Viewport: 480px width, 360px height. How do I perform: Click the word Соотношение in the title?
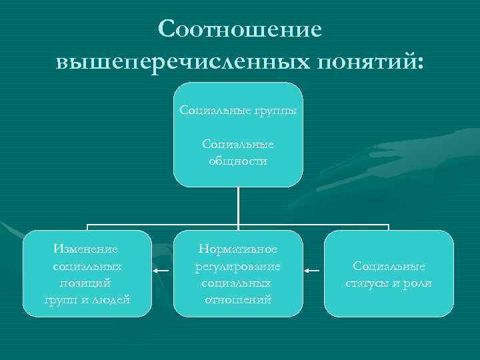click(x=240, y=29)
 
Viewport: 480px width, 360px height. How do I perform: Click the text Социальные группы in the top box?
click(x=238, y=109)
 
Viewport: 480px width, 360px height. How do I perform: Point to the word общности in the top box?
click(x=238, y=161)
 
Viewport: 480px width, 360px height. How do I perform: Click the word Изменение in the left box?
click(x=87, y=249)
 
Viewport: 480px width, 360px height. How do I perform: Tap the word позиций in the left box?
click(x=87, y=283)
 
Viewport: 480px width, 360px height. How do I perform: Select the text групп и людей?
click(x=87, y=299)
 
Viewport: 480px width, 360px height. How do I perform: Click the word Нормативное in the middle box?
click(x=238, y=249)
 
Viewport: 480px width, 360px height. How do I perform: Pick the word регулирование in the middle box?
click(x=238, y=266)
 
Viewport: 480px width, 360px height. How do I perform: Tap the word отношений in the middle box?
click(x=238, y=299)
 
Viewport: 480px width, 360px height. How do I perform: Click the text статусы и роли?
click(x=389, y=283)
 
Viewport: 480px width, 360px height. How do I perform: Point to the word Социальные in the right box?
click(x=389, y=266)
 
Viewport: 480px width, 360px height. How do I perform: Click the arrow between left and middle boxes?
click(x=160, y=271)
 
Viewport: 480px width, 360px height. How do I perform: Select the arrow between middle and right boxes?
click(x=311, y=271)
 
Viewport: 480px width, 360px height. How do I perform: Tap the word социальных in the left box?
click(x=87, y=266)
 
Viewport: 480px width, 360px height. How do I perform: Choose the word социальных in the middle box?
click(x=238, y=283)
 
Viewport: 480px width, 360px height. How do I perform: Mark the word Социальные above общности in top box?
click(x=238, y=144)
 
